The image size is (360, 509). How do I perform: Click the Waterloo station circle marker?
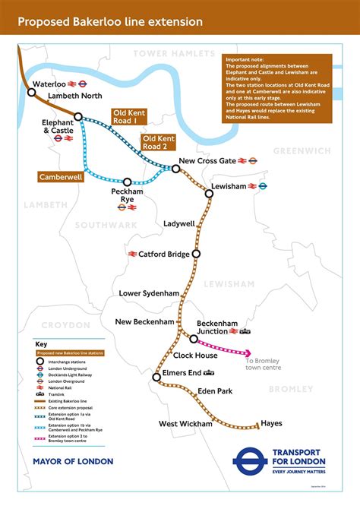coord(32,92)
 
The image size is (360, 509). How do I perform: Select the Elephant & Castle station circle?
coord(78,117)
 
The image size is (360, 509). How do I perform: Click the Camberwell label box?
coord(60,176)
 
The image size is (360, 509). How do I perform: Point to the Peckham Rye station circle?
coord(128,182)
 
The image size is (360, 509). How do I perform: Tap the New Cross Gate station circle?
coord(176,169)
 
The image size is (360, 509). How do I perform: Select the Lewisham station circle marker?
coord(209,194)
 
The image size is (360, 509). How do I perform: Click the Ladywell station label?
coord(179,224)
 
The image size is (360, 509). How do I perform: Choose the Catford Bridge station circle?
coord(196,254)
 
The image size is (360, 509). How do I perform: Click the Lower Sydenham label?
coord(149,293)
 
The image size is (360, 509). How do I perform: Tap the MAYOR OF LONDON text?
coord(73,461)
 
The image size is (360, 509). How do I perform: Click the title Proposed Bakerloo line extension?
coord(109,23)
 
